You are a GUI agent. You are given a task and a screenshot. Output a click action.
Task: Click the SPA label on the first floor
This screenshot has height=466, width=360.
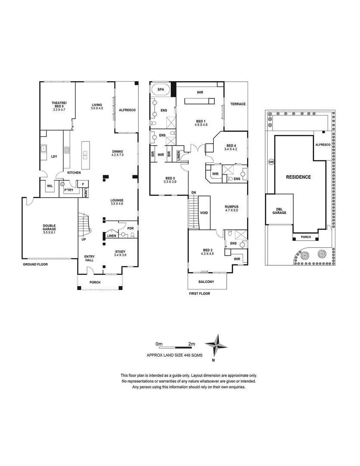160,89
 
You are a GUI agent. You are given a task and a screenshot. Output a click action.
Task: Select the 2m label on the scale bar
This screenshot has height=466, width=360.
191,344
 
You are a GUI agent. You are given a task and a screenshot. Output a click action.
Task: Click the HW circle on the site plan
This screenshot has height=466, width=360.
271,162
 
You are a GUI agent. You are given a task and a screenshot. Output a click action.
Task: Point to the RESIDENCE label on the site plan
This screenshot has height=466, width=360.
299,177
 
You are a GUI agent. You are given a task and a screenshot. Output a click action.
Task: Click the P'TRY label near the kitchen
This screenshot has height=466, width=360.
68,190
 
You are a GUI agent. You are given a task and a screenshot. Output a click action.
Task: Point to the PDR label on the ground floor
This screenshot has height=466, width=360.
130,228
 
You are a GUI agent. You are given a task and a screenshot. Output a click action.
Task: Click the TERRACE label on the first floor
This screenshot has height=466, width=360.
238,104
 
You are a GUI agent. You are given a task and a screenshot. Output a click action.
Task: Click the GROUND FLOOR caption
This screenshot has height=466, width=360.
35,264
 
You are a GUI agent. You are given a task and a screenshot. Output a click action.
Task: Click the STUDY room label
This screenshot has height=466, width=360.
120,253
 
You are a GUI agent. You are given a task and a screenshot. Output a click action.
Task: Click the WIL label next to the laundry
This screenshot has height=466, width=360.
50,186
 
